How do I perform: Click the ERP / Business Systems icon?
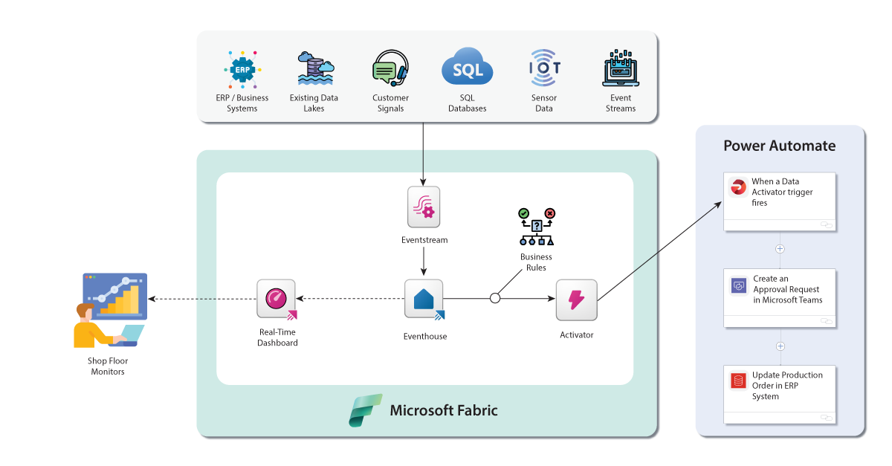click(242, 71)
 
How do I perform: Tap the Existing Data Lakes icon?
click(314, 69)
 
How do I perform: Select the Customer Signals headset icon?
click(390, 70)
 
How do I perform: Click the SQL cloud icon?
click(467, 70)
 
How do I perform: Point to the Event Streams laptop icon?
click(621, 70)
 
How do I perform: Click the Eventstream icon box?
click(424, 207)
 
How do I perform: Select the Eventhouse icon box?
click(424, 299)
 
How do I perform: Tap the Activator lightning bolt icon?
click(577, 299)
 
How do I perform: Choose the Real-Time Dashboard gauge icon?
click(277, 299)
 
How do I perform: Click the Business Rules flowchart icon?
click(536, 227)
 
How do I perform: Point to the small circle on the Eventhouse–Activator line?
click(495, 299)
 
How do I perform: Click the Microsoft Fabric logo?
click(366, 410)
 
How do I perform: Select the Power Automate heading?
click(780, 146)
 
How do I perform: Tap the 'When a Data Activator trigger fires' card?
click(780, 201)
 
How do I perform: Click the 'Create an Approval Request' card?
click(780, 297)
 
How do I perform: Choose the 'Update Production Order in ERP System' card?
click(780, 394)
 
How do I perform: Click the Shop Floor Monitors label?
click(108, 366)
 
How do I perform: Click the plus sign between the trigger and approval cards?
click(780, 249)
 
